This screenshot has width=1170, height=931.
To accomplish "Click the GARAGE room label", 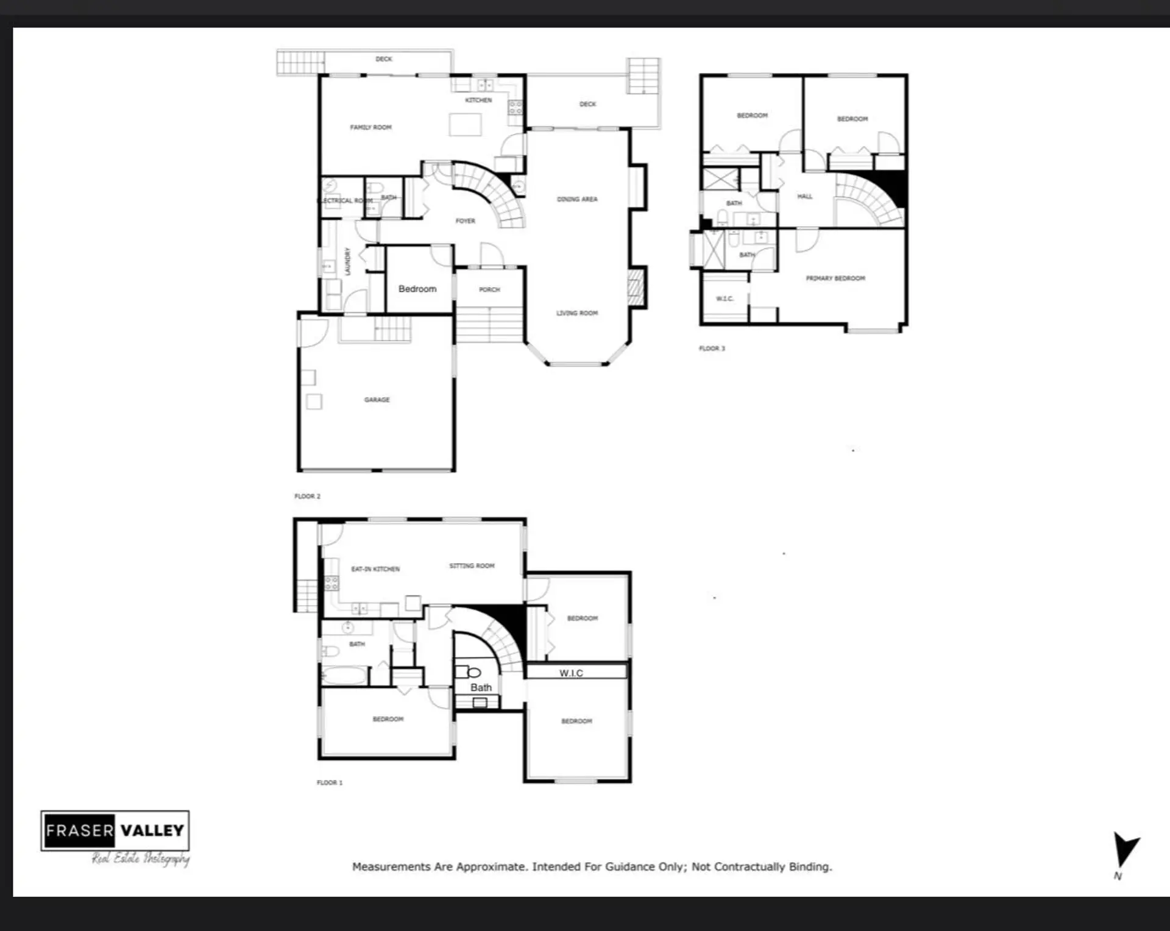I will coord(377,400).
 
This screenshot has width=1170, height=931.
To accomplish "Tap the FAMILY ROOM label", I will coord(370,127).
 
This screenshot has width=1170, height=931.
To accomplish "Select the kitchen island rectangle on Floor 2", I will coord(465,124).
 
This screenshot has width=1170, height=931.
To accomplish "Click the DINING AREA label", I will coord(576,199).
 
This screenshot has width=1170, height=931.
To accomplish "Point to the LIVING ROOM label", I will coord(576,313).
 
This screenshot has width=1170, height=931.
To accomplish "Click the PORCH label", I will coord(489,289).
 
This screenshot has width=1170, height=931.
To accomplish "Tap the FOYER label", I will coord(465,221).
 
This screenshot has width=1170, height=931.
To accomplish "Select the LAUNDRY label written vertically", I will coord(347,261).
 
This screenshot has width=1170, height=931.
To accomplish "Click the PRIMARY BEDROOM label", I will coord(835,278).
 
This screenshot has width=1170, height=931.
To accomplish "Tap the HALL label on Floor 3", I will coord(804,196).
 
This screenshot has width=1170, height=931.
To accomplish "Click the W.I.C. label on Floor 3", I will coord(725,299).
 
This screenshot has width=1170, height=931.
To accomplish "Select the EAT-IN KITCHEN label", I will coord(375,569).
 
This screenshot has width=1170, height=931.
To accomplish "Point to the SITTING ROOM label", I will coord(472,566).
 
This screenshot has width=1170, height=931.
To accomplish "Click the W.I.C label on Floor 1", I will coord(571,673).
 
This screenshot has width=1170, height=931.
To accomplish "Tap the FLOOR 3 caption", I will coord(712,349).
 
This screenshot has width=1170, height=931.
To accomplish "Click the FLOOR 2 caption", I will coord(307,496).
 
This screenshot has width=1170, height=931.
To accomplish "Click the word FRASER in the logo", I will coord(80,830).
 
